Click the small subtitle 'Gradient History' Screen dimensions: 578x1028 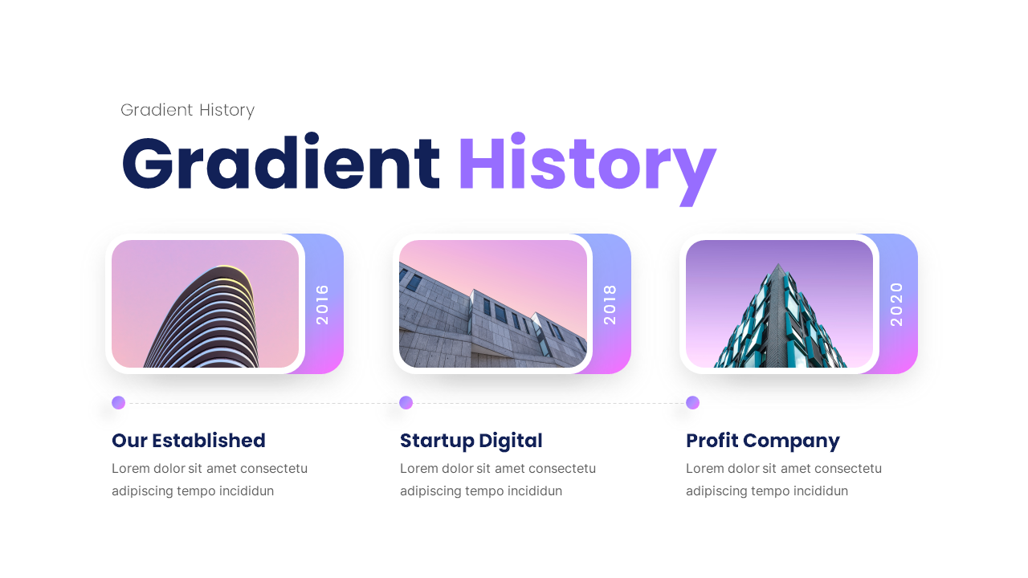pyautogui.click(x=187, y=110)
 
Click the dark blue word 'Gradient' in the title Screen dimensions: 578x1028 pyautogui.click(x=280, y=165)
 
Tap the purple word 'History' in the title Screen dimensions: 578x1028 pyautogui.click(x=586, y=165)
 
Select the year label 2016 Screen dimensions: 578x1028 pyautogui.click(x=323, y=304)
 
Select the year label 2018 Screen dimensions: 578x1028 pyautogui.click(x=610, y=304)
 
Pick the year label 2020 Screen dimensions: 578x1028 pyautogui.click(x=897, y=304)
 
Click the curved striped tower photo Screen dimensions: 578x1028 pyautogui.click(x=205, y=304)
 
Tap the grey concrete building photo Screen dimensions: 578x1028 pyautogui.click(x=492, y=304)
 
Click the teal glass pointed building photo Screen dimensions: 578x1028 pyautogui.click(x=779, y=304)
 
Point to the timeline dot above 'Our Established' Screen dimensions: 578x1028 pyautogui.click(x=118, y=403)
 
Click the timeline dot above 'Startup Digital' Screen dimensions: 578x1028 pyautogui.click(x=406, y=403)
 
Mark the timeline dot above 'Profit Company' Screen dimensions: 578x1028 pyautogui.click(x=692, y=403)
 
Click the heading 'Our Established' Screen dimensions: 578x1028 pyautogui.click(x=188, y=441)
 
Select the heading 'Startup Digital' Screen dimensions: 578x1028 pyautogui.click(x=471, y=441)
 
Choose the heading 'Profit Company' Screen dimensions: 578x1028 pyautogui.click(x=762, y=441)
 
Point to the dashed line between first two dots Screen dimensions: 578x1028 pyautogui.click(x=262, y=403)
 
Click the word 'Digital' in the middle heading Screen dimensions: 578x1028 pyautogui.click(x=510, y=441)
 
